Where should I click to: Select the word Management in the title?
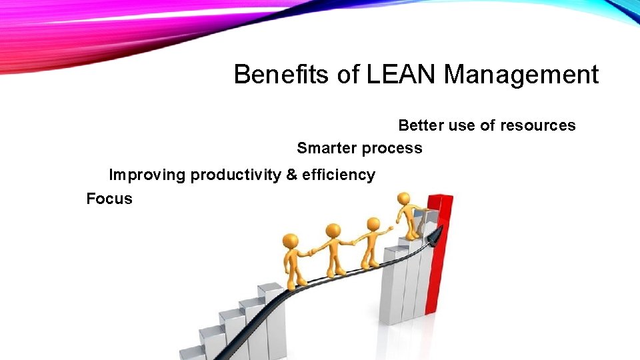pos(521,75)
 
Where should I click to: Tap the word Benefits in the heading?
pos(281,75)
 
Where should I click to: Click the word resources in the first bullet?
pos(539,125)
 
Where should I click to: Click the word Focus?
pos(109,199)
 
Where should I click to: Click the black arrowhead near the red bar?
pos(435,235)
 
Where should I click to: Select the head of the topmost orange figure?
pos(403,199)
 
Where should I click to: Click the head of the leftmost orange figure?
pos(290,240)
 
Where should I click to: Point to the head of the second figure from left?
pos(332,231)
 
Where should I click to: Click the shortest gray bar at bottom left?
pos(192,352)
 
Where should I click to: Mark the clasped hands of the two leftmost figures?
pos(309,253)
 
